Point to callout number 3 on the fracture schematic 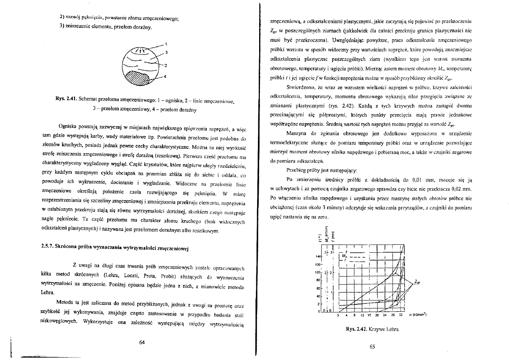[166, 52]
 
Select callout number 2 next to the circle [166, 65]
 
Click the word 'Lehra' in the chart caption [391, 329]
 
